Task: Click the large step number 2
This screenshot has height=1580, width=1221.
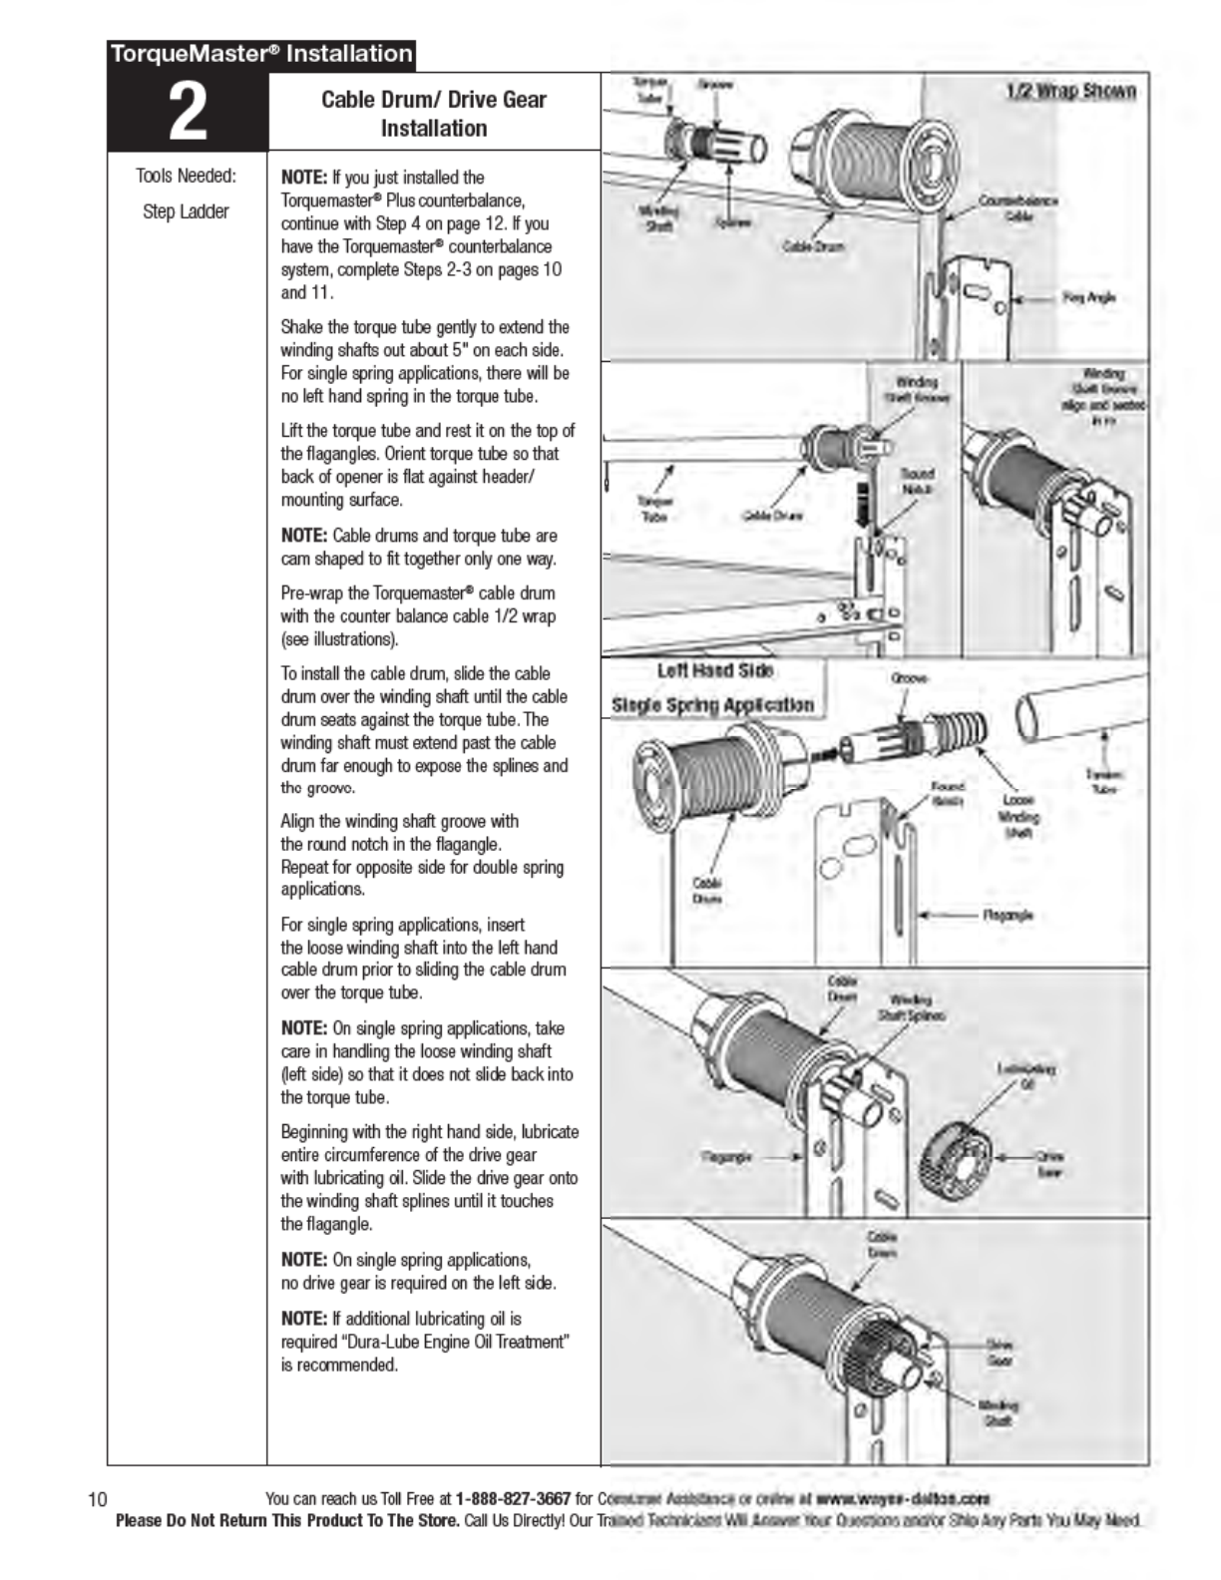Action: (187, 112)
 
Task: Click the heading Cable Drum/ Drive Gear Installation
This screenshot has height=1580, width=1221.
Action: (433, 114)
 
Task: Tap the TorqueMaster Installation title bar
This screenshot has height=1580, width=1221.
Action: (261, 54)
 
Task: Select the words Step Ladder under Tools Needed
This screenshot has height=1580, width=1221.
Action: (186, 211)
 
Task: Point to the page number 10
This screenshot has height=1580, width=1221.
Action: (98, 1499)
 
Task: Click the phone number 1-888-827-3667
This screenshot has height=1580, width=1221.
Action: (513, 1498)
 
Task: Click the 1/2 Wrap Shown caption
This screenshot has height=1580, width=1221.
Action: (1070, 92)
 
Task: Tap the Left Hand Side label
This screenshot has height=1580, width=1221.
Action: (715, 671)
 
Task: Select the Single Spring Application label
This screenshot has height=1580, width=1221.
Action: (712, 705)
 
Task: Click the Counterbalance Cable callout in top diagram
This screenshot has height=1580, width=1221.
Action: (1017, 207)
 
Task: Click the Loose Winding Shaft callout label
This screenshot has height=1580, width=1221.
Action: (1017, 816)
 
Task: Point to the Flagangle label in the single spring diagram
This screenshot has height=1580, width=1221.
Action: (1008, 915)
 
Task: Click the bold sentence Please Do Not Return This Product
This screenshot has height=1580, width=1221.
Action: (288, 1521)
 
